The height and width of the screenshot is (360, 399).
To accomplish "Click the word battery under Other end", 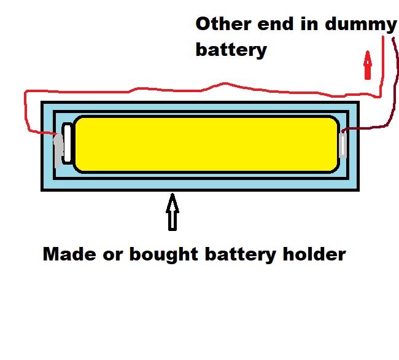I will tap(231, 50).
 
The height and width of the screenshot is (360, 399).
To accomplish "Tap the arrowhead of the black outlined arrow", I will tap(172, 201).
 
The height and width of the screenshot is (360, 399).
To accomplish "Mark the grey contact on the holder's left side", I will tap(58, 149).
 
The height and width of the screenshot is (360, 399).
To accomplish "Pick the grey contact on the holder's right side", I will tap(344, 146).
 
